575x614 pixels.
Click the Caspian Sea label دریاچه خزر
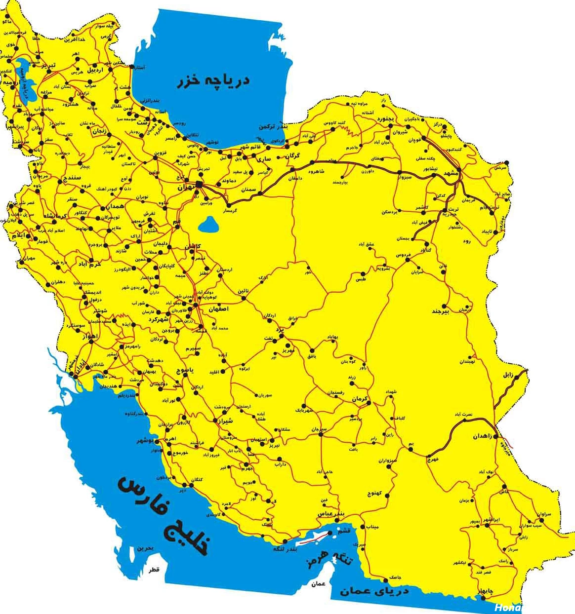point(213,80)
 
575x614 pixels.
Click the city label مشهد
point(451,174)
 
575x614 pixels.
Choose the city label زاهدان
point(483,436)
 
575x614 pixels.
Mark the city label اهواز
point(90,337)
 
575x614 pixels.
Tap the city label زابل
point(508,375)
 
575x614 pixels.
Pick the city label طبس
point(360,279)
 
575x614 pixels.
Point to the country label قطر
point(155,570)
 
